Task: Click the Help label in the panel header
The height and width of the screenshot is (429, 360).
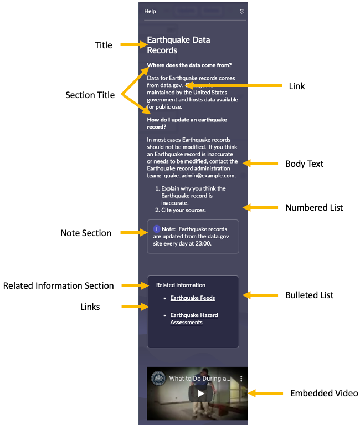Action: pyautogui.click(x=150, y=11)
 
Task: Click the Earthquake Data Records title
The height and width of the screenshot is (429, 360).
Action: pyautogui.click(x=178, y=45)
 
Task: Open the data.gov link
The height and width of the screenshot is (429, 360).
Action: pyautogui.click(x=171, y=85)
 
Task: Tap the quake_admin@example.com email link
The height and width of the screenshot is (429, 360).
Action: pyautogui.click(x=199, y=175)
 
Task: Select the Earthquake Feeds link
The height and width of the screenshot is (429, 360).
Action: pyautogui.click(x=192, y=298)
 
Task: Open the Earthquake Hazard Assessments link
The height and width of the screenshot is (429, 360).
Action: pyautogui.click(x=194, y=319)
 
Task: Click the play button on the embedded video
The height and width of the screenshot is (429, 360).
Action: pyautogui.click(x=201, y=394)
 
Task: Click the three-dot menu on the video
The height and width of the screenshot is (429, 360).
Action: pyautogui.click(x=241, y=379)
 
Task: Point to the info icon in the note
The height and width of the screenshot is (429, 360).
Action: pyautogui.click(x=157, y=228)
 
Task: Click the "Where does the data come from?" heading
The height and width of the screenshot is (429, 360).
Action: pyautogui.click(x=189, y=65)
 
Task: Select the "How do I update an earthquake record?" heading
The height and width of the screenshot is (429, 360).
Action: pyautogui.click(x=187, y=122)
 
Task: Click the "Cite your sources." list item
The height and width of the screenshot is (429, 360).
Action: pyautogui.click(x=183, y=210)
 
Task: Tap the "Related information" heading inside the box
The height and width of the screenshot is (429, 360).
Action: pyautogui.click(x=181, y=285)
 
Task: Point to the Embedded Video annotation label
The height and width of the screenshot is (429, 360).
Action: pyautogui.click(x=324, y=394)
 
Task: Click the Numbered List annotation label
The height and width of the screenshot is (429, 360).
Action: pyautogui.click(x=314, y=208)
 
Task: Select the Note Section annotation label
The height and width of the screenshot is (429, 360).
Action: pyautogui.click(x=86, y=233)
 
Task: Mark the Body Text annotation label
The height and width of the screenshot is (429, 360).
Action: pyautogui.click(x=304, y=164)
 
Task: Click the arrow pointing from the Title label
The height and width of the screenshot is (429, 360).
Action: pyautogui.click(x=133, y=45)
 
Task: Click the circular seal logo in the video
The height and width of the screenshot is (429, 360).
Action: pyautogui.click(x=158, y=379)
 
